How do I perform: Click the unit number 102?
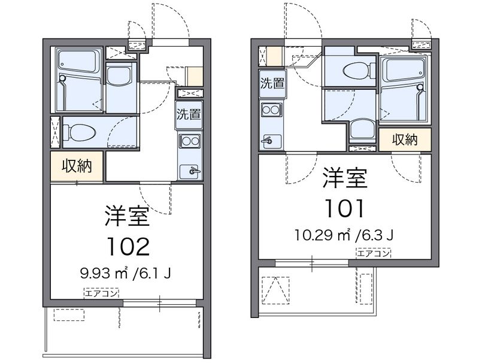pos(129,246)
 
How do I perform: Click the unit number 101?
pos(345,208)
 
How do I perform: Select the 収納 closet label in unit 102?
pos(77,166)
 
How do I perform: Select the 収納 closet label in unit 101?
pos(405,139)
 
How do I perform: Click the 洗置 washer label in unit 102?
pos(189,114)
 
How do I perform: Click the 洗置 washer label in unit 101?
pos(272,83)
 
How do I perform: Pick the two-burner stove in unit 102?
pos(190,141)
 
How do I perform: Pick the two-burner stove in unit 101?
pos(272,110)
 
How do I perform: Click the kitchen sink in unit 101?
pos(272,141)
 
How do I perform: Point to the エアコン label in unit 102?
pos(101,293)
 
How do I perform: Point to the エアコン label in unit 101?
pos(373,253)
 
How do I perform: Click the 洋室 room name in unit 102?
pos(128,216)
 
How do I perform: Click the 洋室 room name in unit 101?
pos(345,177)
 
